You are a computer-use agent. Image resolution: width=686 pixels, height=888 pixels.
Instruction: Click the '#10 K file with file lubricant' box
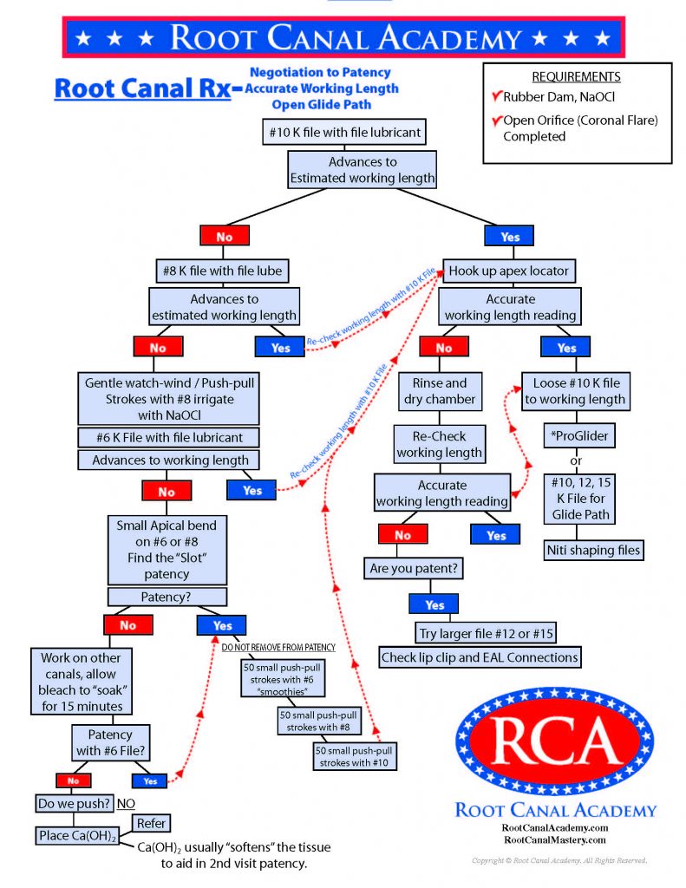(x=341, y=133)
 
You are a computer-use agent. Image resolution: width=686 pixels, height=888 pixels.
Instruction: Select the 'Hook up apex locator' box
(x=508, y=271)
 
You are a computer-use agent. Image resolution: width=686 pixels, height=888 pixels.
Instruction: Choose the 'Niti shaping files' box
(x=594, y=550)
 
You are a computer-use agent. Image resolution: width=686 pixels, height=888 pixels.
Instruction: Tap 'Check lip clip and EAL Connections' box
(x=479, y=657)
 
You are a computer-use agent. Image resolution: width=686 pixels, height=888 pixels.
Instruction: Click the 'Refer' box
(x=150, y=823)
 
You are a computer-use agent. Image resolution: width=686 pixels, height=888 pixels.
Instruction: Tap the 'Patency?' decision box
(x=167, y=597)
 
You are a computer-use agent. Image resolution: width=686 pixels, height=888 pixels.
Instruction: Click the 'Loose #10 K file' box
(x=574, y=390)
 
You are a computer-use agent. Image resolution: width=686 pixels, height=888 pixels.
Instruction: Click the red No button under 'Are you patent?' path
(x=402, y=535)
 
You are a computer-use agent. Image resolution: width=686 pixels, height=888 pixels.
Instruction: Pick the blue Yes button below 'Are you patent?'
(x=434, y=604)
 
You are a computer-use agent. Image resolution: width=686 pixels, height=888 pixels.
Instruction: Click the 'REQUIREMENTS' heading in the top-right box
(x=576, y=76)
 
